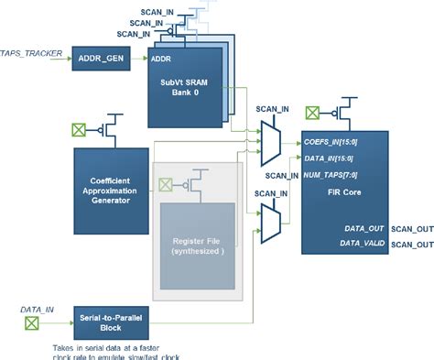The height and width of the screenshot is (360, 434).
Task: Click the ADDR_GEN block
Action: point(101,59)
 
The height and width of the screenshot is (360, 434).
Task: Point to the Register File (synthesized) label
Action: point(197,246)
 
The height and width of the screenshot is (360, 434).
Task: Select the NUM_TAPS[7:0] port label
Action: point(332,175)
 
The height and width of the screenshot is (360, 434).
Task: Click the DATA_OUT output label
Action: point(363,228)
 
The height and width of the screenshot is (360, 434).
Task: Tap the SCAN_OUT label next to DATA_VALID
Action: point(412,245)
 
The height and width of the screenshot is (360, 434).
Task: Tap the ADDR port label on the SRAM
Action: point(161,60)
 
